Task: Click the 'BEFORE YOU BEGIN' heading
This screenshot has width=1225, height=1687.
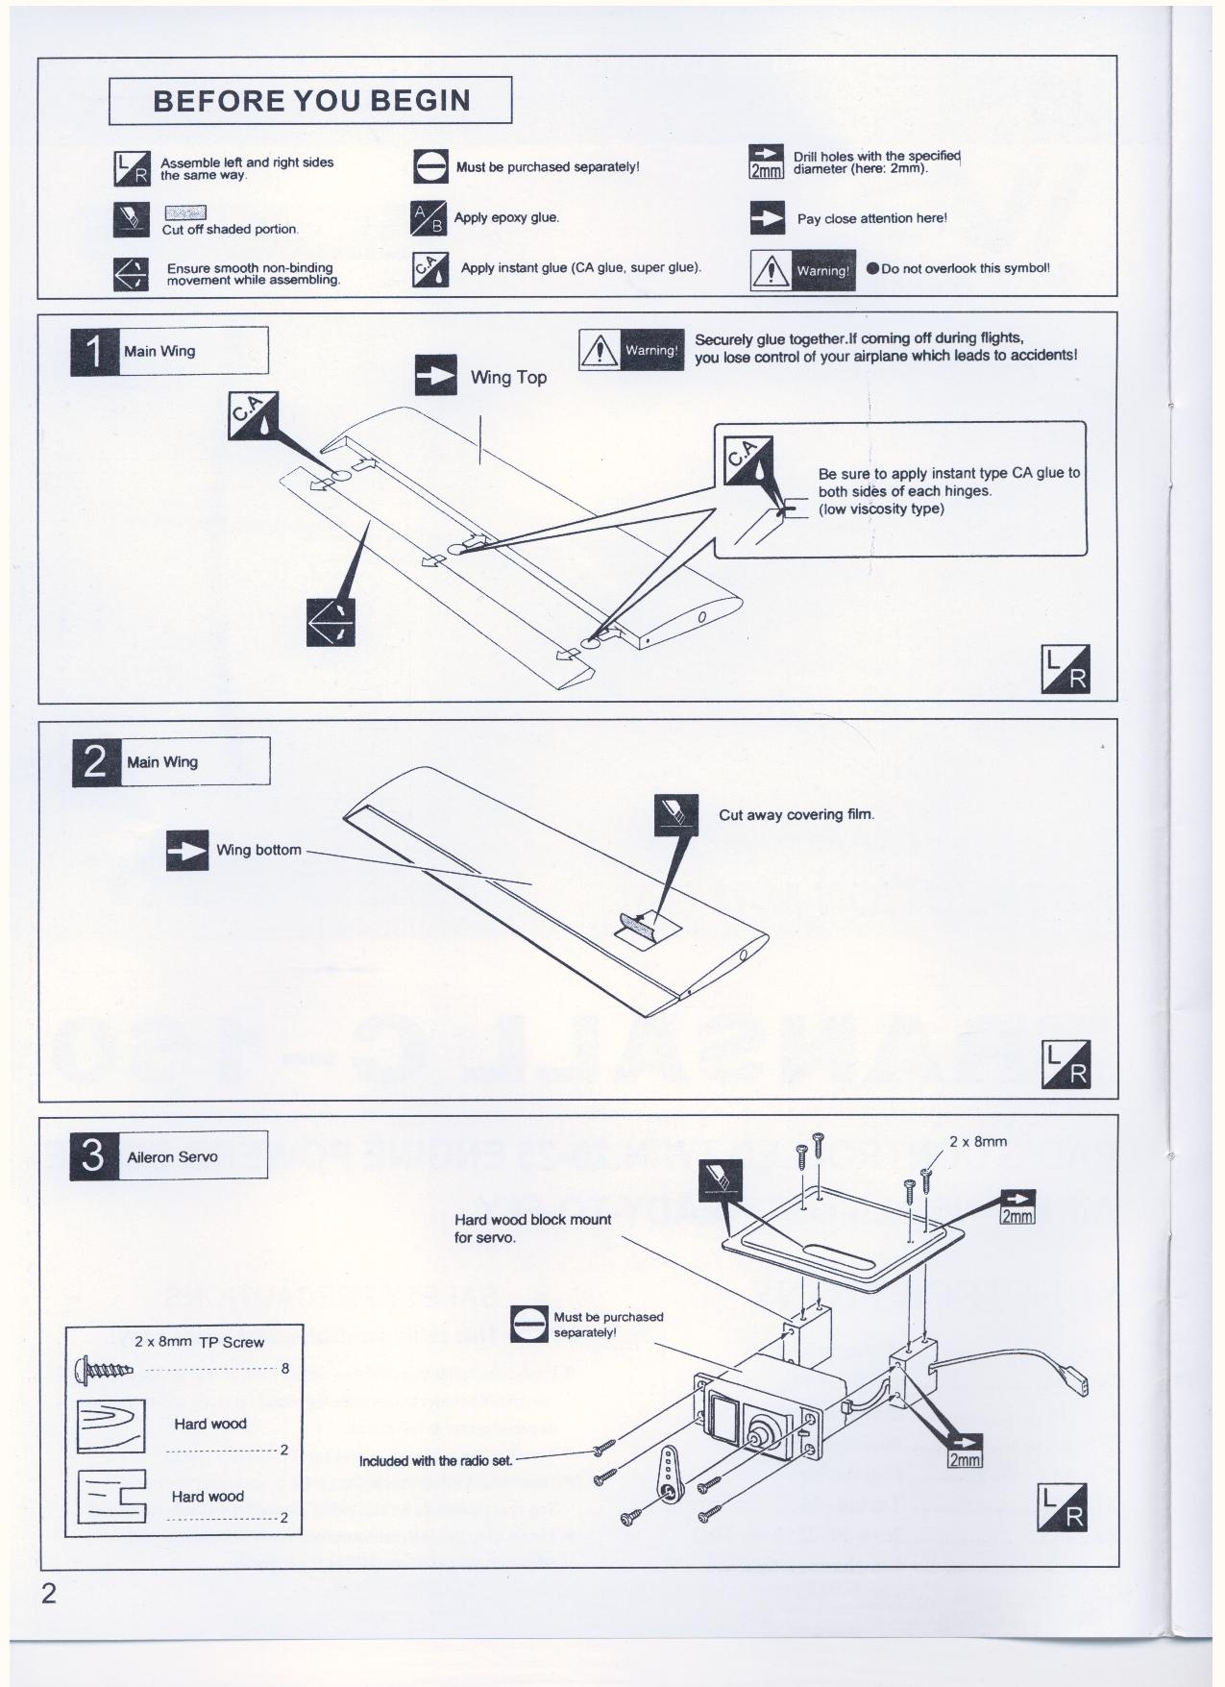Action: pyautogui.click(x=311, y=101)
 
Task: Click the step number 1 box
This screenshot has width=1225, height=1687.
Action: pyautogui.click(x=94, y=352)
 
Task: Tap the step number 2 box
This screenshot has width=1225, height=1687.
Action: pyautogui.click(x=96, y=762)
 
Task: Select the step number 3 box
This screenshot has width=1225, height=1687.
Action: pyautogui.click(x=93, y=1155)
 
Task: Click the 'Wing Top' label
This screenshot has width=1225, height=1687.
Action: pyautogui.click(x=508, y=378)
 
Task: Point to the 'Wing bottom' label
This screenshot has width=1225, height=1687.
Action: pyautogui.click(x=258, y=850)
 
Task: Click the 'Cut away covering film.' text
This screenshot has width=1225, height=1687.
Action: pyautogui.click(x=796, y=815)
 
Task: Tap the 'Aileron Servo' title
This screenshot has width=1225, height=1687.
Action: pyautogui.click(x=172, y=1157)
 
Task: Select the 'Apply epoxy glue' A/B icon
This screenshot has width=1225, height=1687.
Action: pyautogui.click(x=429, y=219)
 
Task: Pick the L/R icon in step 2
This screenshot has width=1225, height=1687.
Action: pyautogui.click(x=1066, y=1064)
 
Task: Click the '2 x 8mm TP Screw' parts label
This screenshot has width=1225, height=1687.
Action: pyautogui.click(x=199, y=1342)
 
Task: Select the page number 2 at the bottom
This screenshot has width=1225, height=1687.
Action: pyautogui.click(x=48, y=1594)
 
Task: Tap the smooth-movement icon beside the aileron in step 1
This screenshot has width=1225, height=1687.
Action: pyautogui.click(x=331, y=622)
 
